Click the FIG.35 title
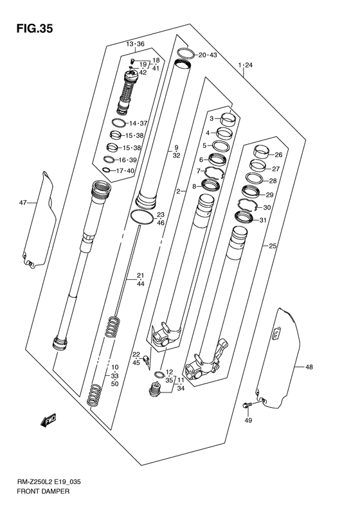pyautogui.click(x=31, y=28)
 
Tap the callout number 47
pyautogui.click(x=23, y=203)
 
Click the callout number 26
pyautogui.click(x=279, y=155)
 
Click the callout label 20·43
pyautogui.click(x=208, y=55)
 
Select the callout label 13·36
pyautogui.click(x=136, y=44)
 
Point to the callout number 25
pyautogui.click(x=273, y=246)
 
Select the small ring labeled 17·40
pyautogui.click(x=107, y=171)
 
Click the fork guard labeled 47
pyautogui.click(x=37, y=222)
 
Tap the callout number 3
pyautogui.click(x=210, y=119)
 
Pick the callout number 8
pyautogui.click(x=194, y=187)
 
